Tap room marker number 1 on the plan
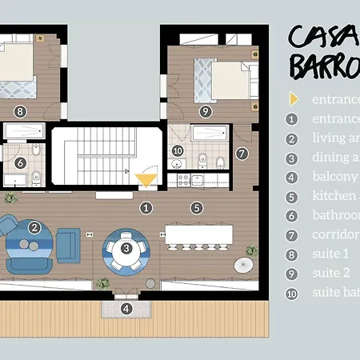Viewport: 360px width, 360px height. click(146, 208)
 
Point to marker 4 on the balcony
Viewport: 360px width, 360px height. click(126, 308)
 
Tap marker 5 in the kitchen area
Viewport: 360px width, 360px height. click(196, 207)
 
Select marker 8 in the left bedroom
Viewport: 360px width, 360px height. click(21, 111)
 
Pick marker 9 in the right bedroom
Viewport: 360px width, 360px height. click(206, 111)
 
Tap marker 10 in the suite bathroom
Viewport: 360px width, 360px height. click(178, 150)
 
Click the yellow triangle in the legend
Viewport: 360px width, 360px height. click(294, 100)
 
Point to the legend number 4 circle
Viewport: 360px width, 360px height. click(293, 177)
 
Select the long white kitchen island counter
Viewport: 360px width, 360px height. click(199, 234)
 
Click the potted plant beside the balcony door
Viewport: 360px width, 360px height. click(102, 283)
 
